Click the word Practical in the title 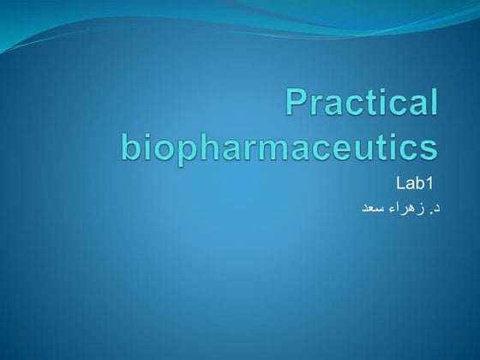coord(361,102)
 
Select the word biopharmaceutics coord(279,145)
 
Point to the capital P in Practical coord(296,102)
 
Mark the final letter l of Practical coord(433,102)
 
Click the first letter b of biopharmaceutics coord(131,144)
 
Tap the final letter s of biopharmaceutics coord(428,147)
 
